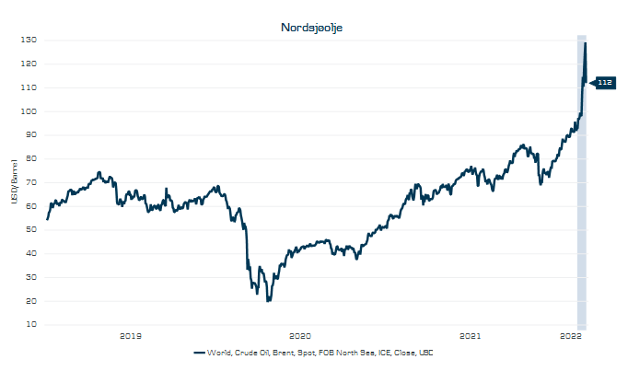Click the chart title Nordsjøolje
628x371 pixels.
(312, 28)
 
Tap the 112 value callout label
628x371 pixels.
(605, 83)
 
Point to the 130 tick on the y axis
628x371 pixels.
(30, 41)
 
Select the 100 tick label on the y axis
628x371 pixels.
(30, 111)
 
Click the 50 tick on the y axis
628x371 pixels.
(31, 229)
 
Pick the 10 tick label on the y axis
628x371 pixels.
(31, 324)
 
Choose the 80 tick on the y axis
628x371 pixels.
(31, 158)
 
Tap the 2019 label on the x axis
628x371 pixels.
(131, 335)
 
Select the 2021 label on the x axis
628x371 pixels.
(470, 335)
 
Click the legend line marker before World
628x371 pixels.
(199, 353)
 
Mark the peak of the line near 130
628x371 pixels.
(586, 43)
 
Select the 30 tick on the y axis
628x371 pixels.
(31, 277)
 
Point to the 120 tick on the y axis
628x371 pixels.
(30, 64)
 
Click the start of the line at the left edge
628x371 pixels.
(47, 219)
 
